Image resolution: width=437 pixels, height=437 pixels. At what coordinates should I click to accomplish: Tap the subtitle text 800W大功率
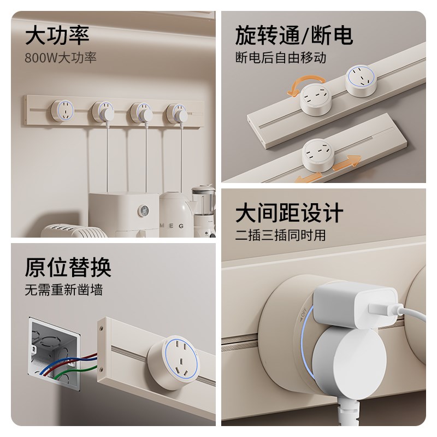point(61,57)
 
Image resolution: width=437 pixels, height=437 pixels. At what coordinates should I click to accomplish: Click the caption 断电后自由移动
point(281,57)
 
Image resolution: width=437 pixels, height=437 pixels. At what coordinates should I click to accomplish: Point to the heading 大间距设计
point(290,212)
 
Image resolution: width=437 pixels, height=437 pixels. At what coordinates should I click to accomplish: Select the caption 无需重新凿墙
point(63,289)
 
